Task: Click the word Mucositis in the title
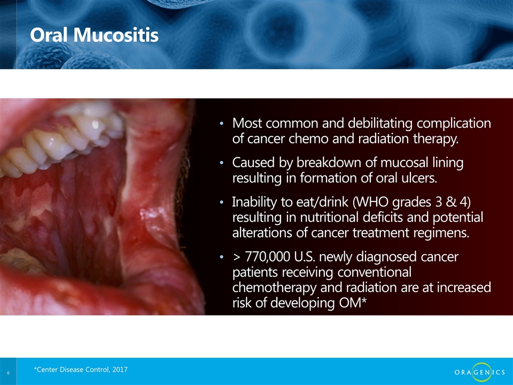click(116, 35)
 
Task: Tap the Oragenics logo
click(480, 372)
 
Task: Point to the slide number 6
click(8, 373)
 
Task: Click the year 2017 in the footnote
click(120, 369)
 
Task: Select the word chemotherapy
click(274, 288)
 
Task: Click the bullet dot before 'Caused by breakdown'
click(222, 163)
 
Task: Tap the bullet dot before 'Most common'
click(222, 124)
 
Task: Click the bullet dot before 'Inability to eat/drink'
click(222, 202)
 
